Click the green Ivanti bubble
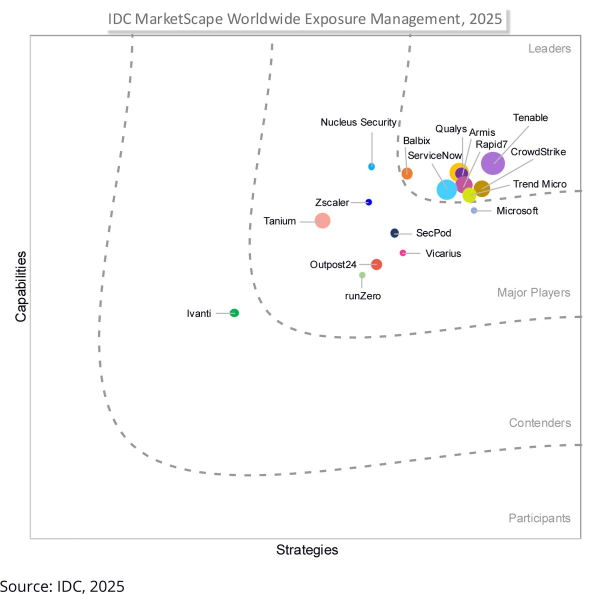pos(234,313)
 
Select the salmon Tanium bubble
pos(322,220)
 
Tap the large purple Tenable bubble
pos(493,163)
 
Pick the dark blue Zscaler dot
pos(369,202)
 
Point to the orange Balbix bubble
pos(407,173)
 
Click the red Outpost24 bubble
pos(376,264)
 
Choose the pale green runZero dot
pos(362,275)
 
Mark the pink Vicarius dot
pos(403,253)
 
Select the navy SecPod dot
pos(394,233)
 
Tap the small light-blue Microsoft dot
pos(474,210)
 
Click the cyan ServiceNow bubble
pos(446,189)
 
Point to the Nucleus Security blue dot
pos(371,166)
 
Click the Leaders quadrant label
pos(549,48)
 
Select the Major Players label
pos(533,292)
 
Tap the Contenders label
pos(539,423)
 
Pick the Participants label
pos(539,518)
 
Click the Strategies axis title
pos(307,550)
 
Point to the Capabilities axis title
pos(20,286)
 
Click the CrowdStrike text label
pos(538,151)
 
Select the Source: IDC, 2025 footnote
pos(62,586)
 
